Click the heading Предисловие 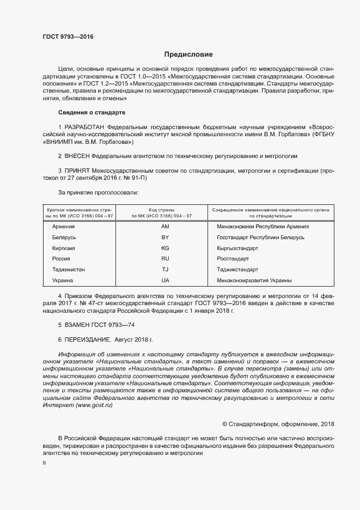point(189,54)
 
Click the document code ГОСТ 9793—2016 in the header point(68,37)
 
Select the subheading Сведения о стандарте point(91,112)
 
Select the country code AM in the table point(166,226)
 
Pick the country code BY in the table point(166,237)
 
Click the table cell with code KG point(166,248)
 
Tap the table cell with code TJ point(166,269)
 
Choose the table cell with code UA point(166,280)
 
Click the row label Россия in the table point(61,259)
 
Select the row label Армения point(63,226)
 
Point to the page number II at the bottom point(44,463)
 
